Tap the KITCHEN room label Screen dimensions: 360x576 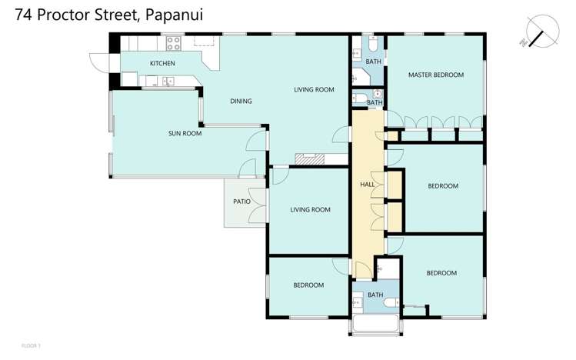click(162, 63)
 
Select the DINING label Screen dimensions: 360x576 click(241, 102)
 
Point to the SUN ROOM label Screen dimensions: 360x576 click(185, 133)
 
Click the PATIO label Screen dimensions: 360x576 click(241, 202)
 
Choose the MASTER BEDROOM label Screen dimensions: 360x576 click(436, 75)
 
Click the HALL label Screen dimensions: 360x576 click(368, 185)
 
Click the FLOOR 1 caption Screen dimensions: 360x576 click(31, 345)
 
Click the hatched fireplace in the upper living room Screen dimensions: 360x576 click(310, 160)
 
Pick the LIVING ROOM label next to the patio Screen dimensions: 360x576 click(310, 209)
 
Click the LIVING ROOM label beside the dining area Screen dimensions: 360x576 click(314, 90)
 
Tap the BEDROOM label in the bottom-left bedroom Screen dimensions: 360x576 click(308, 285)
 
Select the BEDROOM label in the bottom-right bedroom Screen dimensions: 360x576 click(441, 273)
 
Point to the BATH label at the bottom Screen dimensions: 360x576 click(375, 295)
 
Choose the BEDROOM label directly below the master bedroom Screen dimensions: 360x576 click(443, 186)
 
